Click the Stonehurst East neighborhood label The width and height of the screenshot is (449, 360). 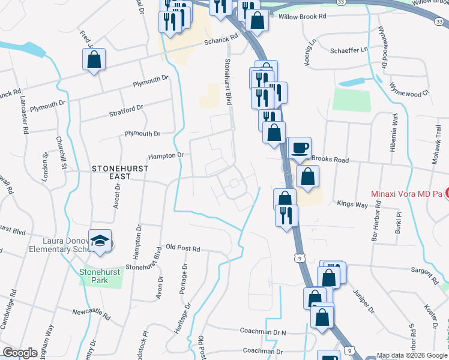(x=119, y=169)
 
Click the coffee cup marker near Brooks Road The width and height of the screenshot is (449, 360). (x=300, y=148)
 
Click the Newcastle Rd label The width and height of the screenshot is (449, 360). (x=91, y=314)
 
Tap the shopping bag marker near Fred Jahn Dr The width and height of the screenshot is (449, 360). (x=94, y=60)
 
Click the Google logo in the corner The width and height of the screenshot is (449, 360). (x=20, y=353)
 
